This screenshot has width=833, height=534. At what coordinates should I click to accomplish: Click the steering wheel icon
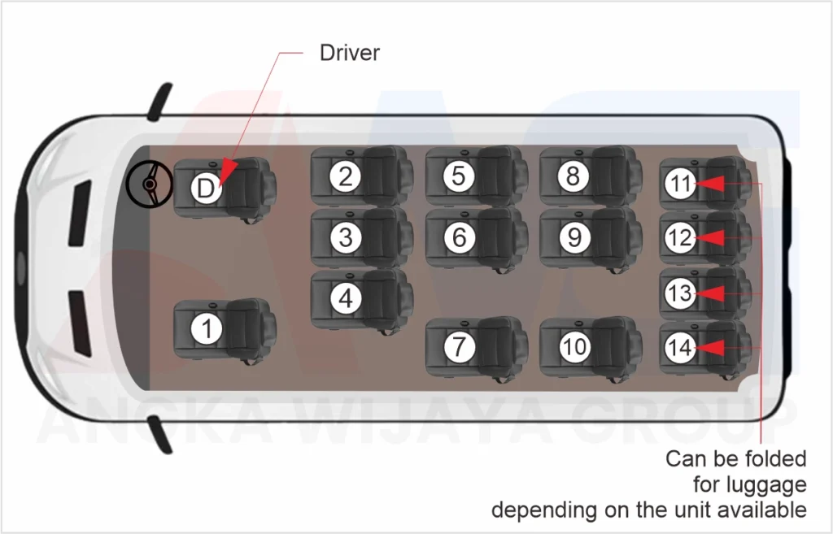[149, 184]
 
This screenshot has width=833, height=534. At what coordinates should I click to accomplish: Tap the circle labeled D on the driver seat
[207, 189]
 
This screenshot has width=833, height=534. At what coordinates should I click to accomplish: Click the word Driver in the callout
[349, 54]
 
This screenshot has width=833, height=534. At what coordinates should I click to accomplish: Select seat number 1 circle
[207, 329]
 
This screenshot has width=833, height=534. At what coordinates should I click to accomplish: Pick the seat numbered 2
[346, 176]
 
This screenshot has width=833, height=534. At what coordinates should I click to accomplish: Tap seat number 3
[346, 237]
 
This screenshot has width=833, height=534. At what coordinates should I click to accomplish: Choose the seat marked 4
[346, 298]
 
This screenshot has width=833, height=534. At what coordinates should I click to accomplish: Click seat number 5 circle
[460, 176]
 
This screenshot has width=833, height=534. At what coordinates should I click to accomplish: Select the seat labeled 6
[460, 237]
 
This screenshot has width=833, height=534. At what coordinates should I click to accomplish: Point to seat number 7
[460, 347]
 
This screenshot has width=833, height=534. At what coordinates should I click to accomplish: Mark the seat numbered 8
[574, 176]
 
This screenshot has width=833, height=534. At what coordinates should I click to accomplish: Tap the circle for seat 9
[574, 237]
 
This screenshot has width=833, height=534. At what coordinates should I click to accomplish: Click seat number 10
[574, 347]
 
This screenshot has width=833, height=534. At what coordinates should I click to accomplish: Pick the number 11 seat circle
[679, 184]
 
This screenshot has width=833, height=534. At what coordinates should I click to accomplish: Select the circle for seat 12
[679, 238]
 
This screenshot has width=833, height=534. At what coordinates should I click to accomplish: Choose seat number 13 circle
[679, 293]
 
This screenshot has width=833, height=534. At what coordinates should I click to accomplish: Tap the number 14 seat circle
[679, 348]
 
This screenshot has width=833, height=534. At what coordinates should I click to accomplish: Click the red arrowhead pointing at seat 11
[710, 184]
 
